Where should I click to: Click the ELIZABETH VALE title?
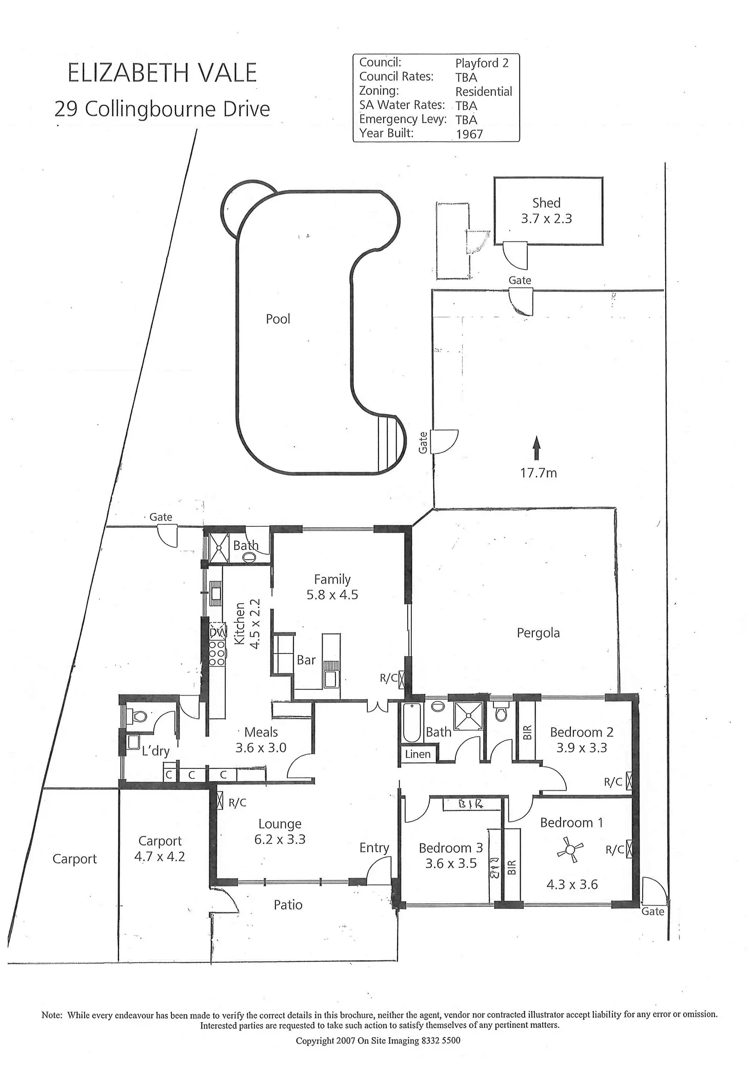(x=162, y=73)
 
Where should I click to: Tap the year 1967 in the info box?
(x=469, y=134)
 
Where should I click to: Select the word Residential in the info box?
(x=484, y=92)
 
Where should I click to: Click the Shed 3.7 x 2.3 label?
(x=546, y=211)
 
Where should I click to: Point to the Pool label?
(x=278, y=319)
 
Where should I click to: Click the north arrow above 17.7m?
(x=537, y=448)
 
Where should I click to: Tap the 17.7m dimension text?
(x=539, y=473)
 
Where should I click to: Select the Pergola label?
(x=538, y=633)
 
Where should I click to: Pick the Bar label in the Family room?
(x=306, y=660)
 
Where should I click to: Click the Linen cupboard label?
(x=418, y=754)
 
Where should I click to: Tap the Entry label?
(x=374, y=848)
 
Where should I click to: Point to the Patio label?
(x=288, y=905)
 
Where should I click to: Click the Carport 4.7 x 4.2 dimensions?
(x=160, y=857)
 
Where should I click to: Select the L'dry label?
(x=155, y=751)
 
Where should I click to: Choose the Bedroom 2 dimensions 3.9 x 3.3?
(x=582, y=748)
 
